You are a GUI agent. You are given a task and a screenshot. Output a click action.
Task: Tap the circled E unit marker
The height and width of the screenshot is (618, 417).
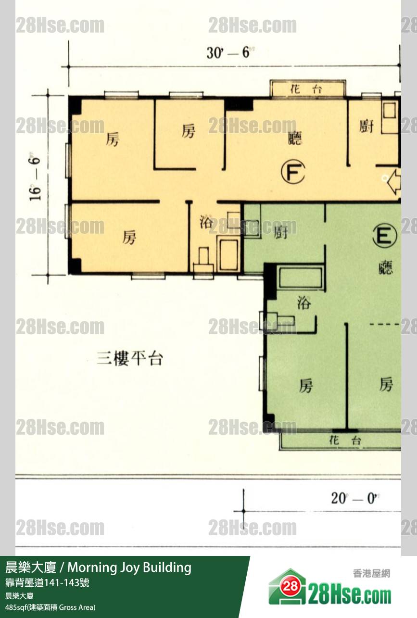[x=385, y=236]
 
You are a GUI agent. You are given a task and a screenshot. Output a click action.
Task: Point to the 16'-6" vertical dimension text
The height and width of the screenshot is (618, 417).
[x=35, y=179]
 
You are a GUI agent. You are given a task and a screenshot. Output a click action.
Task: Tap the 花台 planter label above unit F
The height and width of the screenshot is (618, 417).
[x=306, y=89]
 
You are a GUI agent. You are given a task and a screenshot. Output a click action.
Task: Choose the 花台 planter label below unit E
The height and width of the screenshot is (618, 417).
[x=345, y=441]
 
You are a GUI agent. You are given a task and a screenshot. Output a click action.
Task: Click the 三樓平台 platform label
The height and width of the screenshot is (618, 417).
[x=130, y=358]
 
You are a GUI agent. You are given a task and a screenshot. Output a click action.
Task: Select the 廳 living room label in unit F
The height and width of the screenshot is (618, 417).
[x=294, y=138]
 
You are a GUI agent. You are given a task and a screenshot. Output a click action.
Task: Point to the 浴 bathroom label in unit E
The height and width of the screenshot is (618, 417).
[x=304, y=303]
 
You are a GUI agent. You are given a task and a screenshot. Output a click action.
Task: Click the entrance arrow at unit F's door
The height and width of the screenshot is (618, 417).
[x=394, y=182]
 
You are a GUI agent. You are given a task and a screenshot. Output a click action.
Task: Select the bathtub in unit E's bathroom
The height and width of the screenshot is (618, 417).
[x=301, y=277]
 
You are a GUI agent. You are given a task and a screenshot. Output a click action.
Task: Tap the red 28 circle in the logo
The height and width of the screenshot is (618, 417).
[x=290, y=586]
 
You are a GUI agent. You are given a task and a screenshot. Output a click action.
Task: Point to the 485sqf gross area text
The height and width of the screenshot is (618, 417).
[x=50, y=607]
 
